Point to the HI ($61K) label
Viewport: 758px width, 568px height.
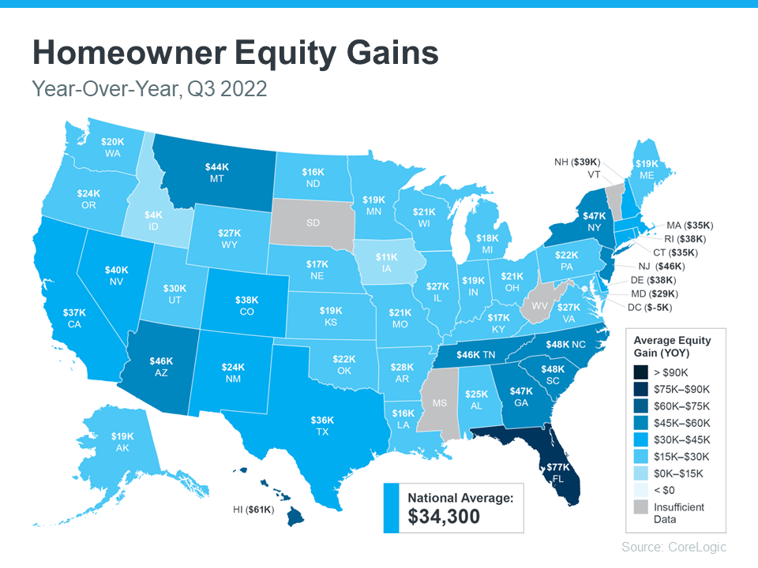[x=251, y=510]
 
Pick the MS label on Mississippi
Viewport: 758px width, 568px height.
[x=440, y=403]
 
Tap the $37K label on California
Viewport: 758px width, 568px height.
[x=75, y=313]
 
